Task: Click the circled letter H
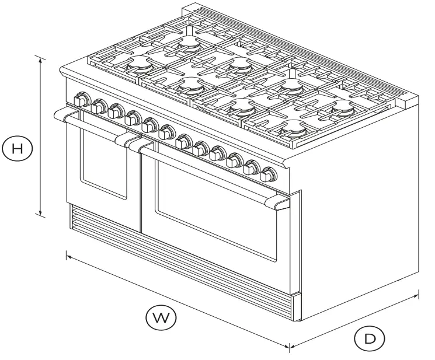click(x=18, y=148)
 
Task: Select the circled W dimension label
click(x=160, y=317)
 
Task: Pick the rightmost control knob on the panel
click(x=269, y=174)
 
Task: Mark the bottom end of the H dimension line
click(x=40, y=215)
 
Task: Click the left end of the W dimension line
click(x=67, y=254)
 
